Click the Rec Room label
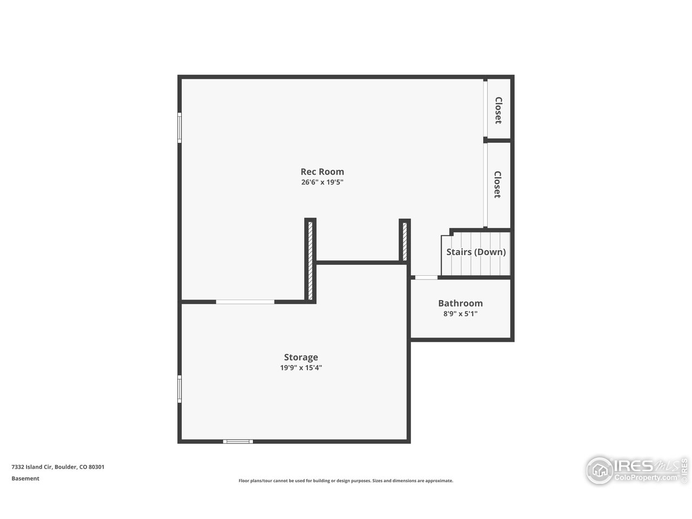pos(322,172)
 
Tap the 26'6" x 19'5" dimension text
pos(322,182)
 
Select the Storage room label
pos(301,357)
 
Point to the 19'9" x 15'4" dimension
pos(301,368)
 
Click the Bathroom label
pos(460,303)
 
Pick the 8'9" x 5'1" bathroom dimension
pos(460,314)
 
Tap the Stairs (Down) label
pos(476,252)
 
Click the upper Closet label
pos(498,110)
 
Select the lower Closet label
pos(497,184)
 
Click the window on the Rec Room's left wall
pos(179,128)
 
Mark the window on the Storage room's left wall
pos(179,389)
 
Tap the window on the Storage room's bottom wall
pos(238,442)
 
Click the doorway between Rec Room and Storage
pos(245,302)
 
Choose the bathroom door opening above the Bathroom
pos(426,278)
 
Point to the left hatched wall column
pos(310,260)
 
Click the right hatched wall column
pos(405,240)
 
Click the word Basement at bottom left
pos(25,478)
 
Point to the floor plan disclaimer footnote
pos(346,481)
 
